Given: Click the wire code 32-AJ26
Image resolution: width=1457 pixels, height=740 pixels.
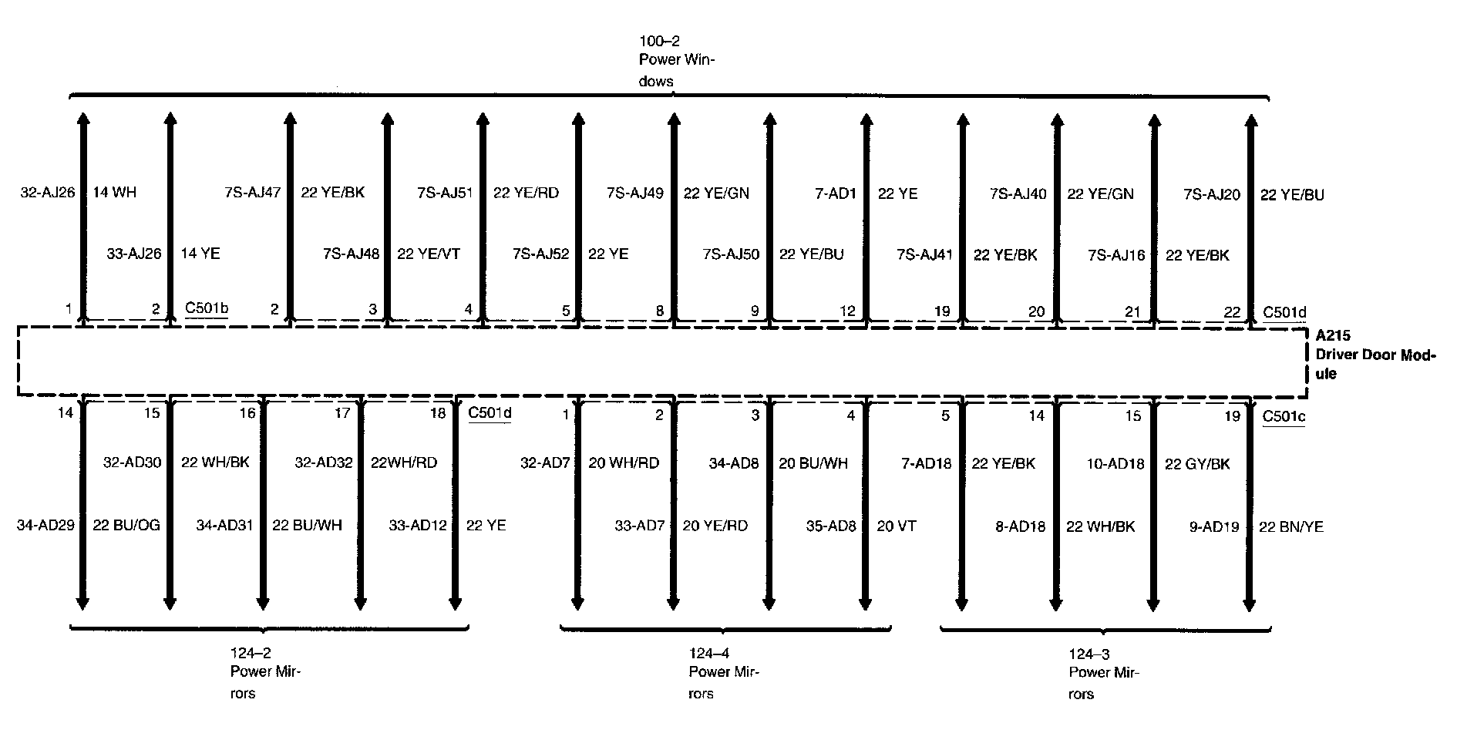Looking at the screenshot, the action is tap(47, 193).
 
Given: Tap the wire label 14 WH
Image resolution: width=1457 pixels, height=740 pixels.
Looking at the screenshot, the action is tap(114, 193).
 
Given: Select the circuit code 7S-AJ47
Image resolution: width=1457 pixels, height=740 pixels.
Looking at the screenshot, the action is tap(252, 193).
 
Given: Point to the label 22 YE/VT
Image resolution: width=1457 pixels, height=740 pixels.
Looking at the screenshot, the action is tap(429, 254).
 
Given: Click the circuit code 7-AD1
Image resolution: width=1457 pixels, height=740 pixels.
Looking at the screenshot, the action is tap(835, 193).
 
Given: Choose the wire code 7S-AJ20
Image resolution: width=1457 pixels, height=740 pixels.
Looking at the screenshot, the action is tap(1212, 194).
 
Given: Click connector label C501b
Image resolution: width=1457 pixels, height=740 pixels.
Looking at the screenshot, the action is tap(207, 309).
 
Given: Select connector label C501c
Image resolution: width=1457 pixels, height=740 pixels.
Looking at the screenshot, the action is tap(1283, 416).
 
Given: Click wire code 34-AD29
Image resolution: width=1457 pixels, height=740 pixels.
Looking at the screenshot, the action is tap(45, 526).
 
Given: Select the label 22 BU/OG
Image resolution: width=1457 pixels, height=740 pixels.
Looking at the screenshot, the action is tap(126, 526).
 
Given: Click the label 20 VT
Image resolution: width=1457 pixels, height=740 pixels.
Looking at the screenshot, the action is tap(897, 526).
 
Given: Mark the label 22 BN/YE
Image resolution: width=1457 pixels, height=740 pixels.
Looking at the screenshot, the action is tap(1290, 527).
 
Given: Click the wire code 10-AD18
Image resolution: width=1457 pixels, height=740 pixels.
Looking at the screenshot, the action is tap(1115, 464).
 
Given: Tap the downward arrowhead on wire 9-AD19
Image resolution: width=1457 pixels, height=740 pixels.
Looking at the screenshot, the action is tap(1250, 604).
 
